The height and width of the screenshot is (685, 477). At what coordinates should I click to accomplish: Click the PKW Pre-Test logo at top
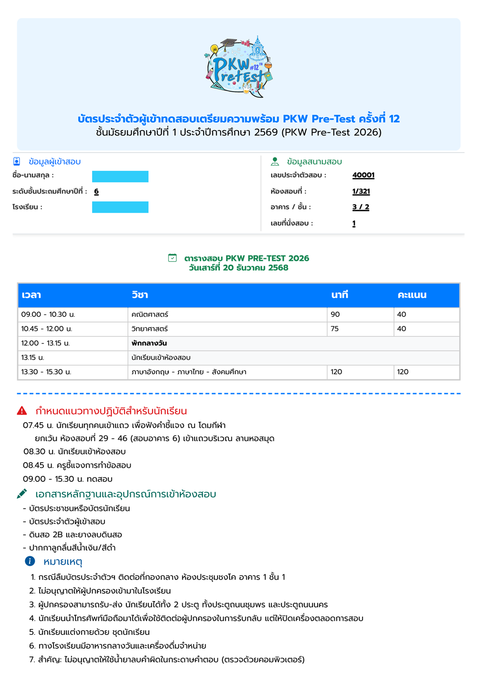pyautogui.click(x=239, y=67)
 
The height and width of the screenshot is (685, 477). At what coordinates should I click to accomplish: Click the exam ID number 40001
pyautogui.click(x=363, y=175)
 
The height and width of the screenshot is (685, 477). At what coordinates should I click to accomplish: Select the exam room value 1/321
pyautogui.click(x=361, y=191)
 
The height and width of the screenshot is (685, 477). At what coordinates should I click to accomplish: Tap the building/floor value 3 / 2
pyautogui.click(x=361, y=207)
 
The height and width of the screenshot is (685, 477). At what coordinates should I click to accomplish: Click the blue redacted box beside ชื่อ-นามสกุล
pyautogui.click(x=120, y=176)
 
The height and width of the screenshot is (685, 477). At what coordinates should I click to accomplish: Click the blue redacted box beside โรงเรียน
pyautogui.click(x=120, y=207)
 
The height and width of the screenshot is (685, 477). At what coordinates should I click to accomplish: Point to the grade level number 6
pyautogui.click(x=96, y=191)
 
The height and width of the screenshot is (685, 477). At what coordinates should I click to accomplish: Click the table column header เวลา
pyautogui.click(x=31, y=295)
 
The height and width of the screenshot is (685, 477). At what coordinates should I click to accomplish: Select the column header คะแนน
pyautogui.click(x=412, y=295)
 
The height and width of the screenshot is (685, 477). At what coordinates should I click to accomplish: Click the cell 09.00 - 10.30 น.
pyautogui.click(x=48, y=314)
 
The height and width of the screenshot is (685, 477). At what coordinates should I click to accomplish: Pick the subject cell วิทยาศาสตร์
pyautogui.click(x=150, y=329)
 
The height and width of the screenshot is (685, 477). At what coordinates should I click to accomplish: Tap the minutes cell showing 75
pyautogui.click(x=335, y=329)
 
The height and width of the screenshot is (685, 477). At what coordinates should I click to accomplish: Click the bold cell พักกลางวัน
pyautogui.click(x=149, y=343)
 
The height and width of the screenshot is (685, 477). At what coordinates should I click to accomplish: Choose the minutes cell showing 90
pyautogui.click(x=335, y=314)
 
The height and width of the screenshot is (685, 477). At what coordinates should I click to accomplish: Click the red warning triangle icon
pyautogui.click(x=22, y=411)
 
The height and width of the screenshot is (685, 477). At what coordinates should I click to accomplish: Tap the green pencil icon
pyautogui.click(x=22, y=494)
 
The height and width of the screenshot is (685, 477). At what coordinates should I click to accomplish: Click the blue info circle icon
pyautogui.click(x=30, y=561)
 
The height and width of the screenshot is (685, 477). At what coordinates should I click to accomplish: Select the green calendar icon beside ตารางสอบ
pyautogui.click(x=173, y=258)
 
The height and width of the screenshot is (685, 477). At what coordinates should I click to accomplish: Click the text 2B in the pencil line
pyautogui.click(x=58, y=534)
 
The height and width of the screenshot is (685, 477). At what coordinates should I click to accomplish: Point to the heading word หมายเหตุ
pyautogui.click(x=63, y=561)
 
